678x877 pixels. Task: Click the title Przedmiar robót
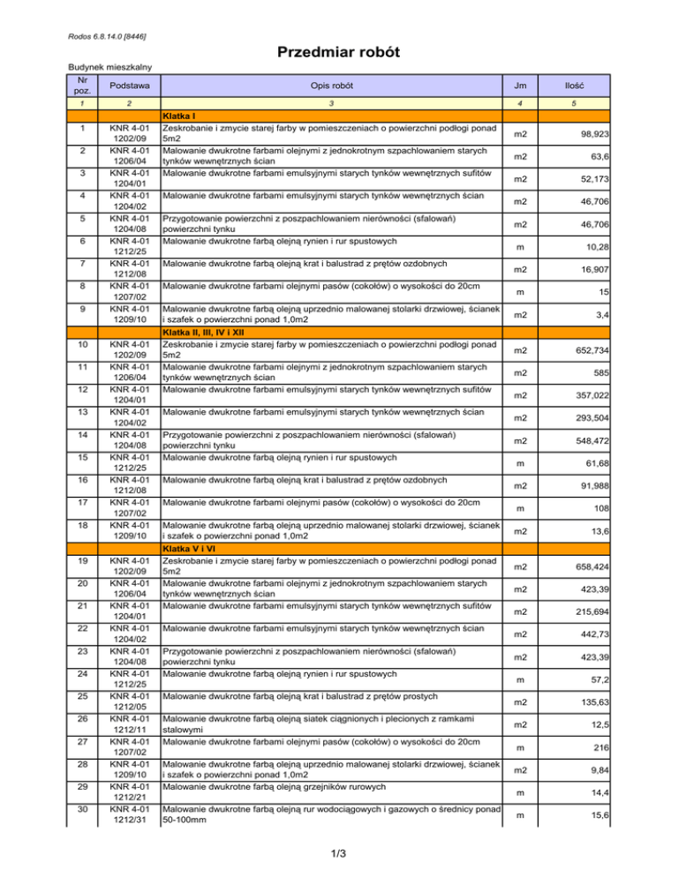pyautogui.click(x=339, y=53)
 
